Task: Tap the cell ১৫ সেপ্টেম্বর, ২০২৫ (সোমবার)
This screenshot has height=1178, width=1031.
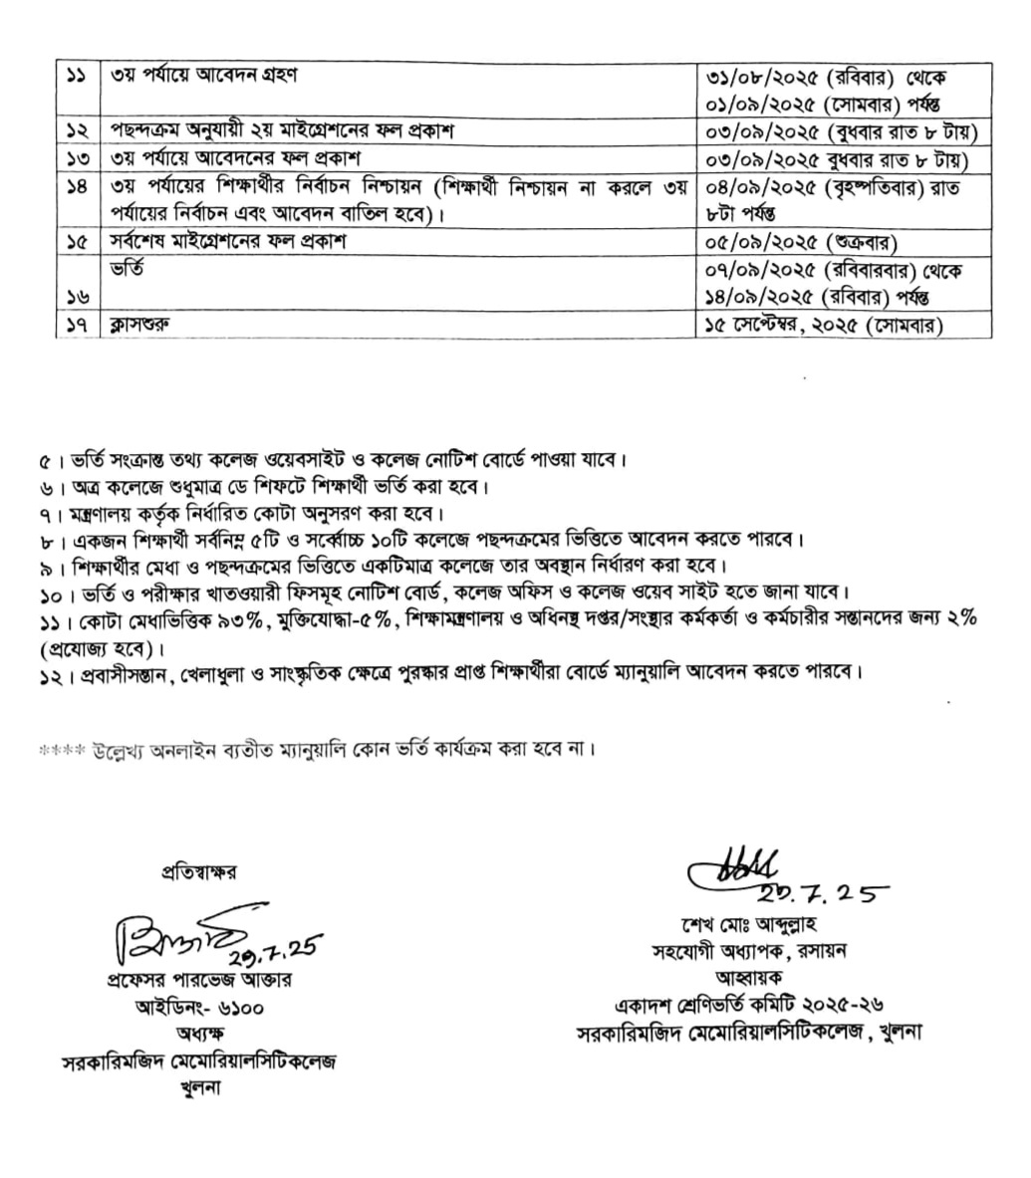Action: coord(824,325)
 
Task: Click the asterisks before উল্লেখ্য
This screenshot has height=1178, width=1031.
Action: coord(62,746)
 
